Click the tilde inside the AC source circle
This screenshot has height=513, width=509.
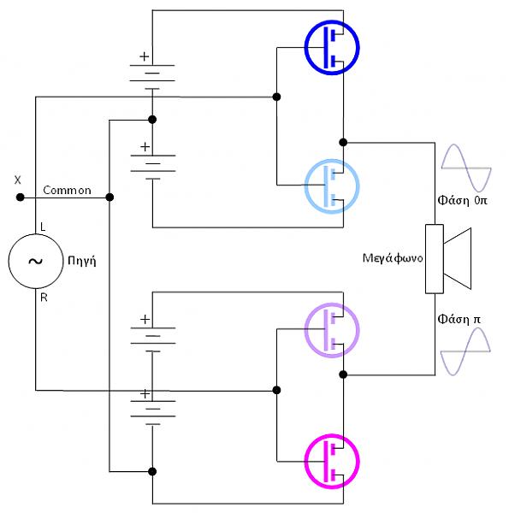tap(35, 261)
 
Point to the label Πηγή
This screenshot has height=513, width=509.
tap(82, 261)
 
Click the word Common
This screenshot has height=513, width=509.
tap(67, 190)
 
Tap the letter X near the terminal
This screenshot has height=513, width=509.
tap(18, 180)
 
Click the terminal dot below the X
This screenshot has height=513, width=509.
tap(21, 198)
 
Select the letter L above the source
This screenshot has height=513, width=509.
tap(43, 227)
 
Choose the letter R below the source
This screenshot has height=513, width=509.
tap(44, 298)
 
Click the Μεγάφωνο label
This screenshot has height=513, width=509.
tap(393, 258)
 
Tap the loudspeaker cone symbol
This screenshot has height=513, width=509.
tap(458, 258)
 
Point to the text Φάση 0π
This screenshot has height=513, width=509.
tap(462, 200)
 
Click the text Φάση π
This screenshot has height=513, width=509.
tap(459, 319)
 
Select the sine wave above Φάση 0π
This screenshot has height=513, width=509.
tap(466, 168)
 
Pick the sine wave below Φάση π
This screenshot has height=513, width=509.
tap(465, 351)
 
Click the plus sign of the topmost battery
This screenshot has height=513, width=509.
tap(145, 56)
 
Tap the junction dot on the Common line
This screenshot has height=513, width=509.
tap(109, 198)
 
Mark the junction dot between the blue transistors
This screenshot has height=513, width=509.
tap(343, 142)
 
